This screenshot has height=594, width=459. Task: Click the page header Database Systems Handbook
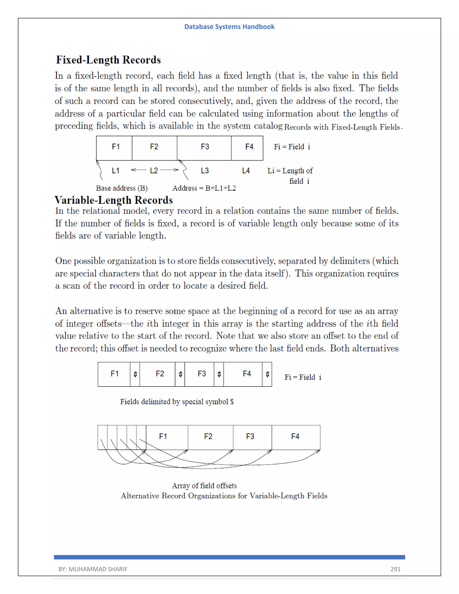pos(229,27)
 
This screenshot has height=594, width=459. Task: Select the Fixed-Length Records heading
pos(108,60)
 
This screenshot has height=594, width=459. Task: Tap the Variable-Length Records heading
pos(113,200)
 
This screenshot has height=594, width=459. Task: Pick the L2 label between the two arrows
pos(154,171)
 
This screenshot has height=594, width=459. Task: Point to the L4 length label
pos(246,171)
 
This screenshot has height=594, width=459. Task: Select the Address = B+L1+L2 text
pos(204,188)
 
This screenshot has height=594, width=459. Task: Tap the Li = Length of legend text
pos(290,171)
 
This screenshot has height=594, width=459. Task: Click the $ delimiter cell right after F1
pos(135,374)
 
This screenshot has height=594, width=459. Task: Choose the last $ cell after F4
pos(267,374)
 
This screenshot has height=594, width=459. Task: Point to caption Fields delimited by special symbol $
pos(177,402)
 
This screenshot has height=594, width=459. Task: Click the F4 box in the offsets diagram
pos(296,437)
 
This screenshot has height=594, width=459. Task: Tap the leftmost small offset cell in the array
pos(102,437)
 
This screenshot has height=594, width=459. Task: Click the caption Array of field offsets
pos(204,486)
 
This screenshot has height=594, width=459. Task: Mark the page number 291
pos(395,569)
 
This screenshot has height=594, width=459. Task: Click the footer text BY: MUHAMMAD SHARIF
pos(93,569)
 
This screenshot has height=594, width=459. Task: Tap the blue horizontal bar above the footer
pos(229,557)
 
